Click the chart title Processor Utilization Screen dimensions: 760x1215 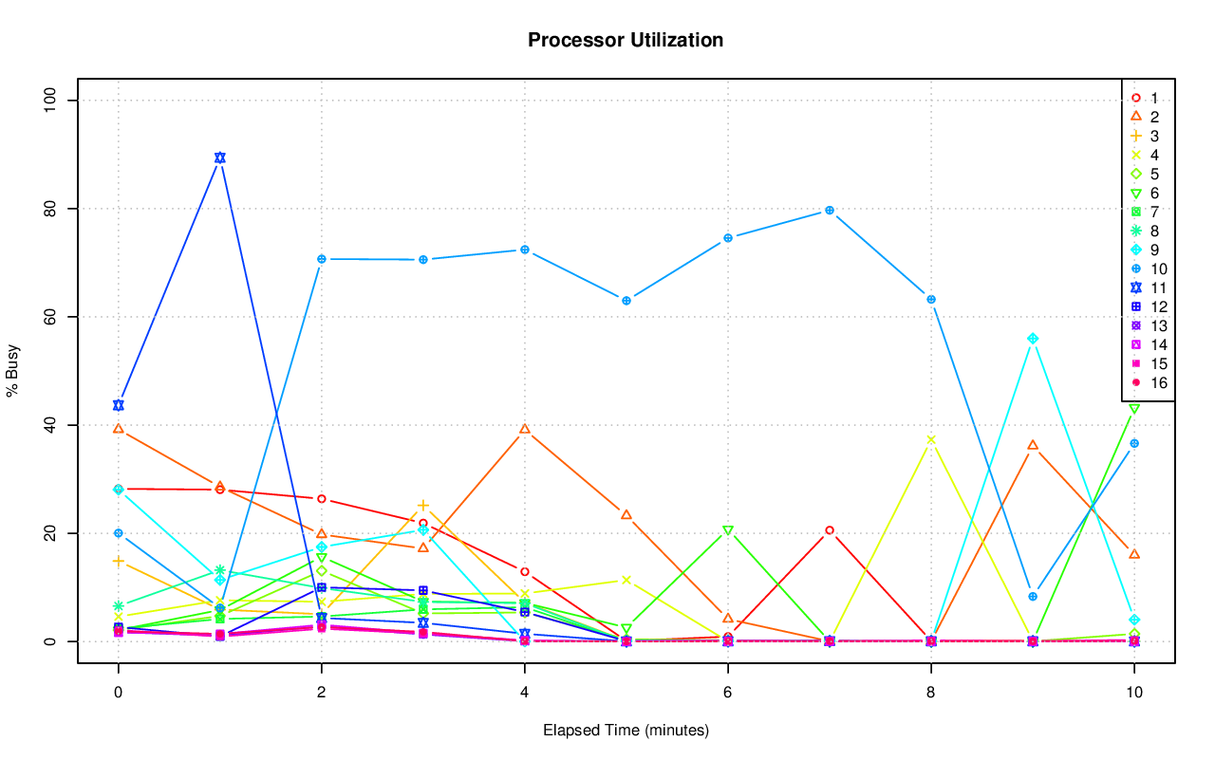click(x=626, y=40)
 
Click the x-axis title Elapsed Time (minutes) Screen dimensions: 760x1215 click(x=626, y=731)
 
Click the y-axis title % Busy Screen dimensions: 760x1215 click(x=13, y=371)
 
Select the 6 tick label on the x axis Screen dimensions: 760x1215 click(x=727, y=694)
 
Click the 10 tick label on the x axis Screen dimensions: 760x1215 click(x=1133, y=694)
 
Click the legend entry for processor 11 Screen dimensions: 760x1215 click(x=1147, y=287)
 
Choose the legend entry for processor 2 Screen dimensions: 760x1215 click(x=1147, y=117)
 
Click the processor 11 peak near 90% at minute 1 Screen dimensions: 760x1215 click(x=219, y=158)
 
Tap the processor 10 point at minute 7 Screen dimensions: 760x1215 click(x=829, y=210)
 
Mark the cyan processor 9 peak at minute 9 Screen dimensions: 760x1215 click(x=1032, y=339)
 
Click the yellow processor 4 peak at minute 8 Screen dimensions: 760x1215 click(x=930, y=439)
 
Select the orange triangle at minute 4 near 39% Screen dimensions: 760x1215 click(x=524, y=429)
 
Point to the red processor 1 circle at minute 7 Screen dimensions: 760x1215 click(x=829, y=530)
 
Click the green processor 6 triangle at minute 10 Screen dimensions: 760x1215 click(x=1133, y=409)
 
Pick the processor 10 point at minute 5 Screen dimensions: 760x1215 click(x=626, y=301)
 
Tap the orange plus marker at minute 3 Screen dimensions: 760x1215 click(x=422, y=506)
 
